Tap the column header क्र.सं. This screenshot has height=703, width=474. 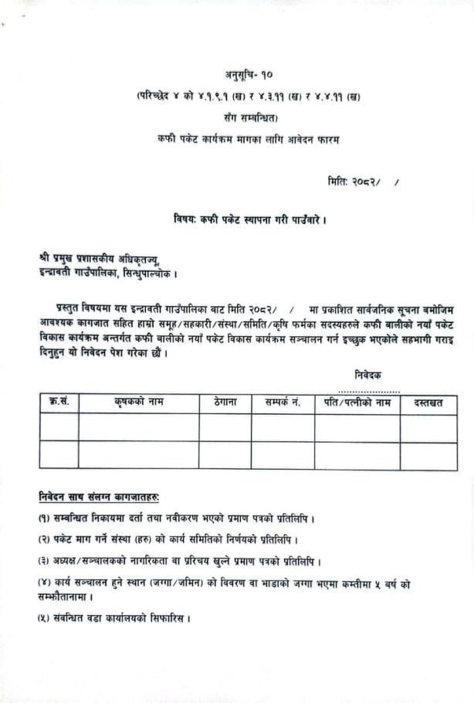pyautogui.click(x=59, y=402)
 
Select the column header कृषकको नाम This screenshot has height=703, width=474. pyautogui.click(x=138, y=402)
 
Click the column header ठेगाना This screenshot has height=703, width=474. pyautogui.click(x=225, y=402)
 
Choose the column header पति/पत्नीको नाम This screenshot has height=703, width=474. pyautogui.click(x=357, y=402)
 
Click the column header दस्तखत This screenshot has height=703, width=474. pyautogui.click(x=428, y=402)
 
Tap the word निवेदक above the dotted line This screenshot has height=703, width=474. pyautogui.click(x=368, y=375)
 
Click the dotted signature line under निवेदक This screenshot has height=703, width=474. pyautogui.click(x=368, y=390)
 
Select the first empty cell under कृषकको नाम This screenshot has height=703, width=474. pyautogui.click(x=138, y=426)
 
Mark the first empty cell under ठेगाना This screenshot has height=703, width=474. pyautogui.click(x=225, y=426)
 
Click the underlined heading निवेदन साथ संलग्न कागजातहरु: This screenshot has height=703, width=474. pyautogui.click(x=104, y=494)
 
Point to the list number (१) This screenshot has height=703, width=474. pyautogui.click(x=45, y=517)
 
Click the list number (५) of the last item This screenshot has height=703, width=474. pyautogui.click(x=45, y=618)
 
